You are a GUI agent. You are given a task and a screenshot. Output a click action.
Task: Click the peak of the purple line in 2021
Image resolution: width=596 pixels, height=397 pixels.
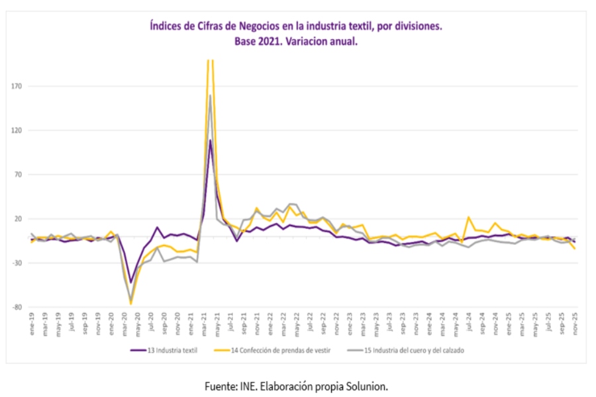[210, 140]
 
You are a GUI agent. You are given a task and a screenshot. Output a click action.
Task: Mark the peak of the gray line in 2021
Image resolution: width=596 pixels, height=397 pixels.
[211, 95]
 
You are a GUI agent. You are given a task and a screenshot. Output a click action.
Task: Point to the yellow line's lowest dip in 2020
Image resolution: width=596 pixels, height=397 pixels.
[131, 304]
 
